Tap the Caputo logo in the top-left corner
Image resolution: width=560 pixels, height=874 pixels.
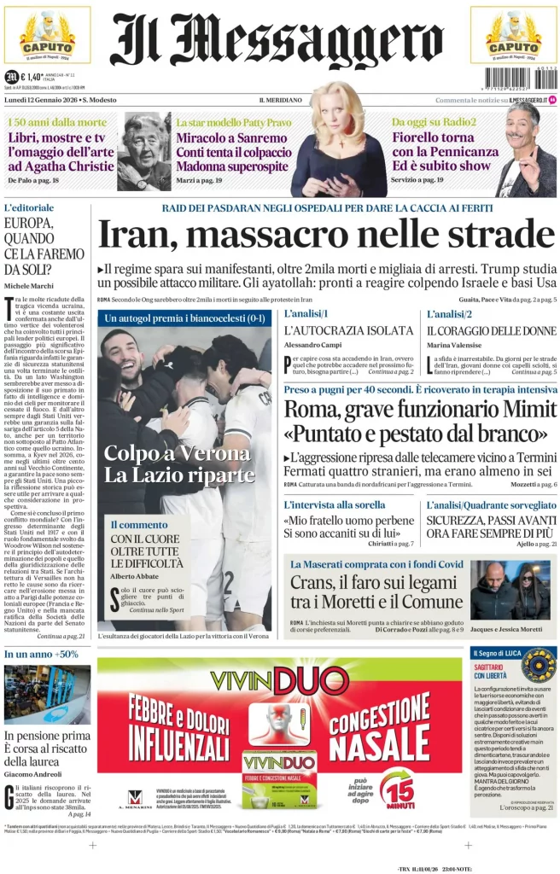click(x=47, y=35)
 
